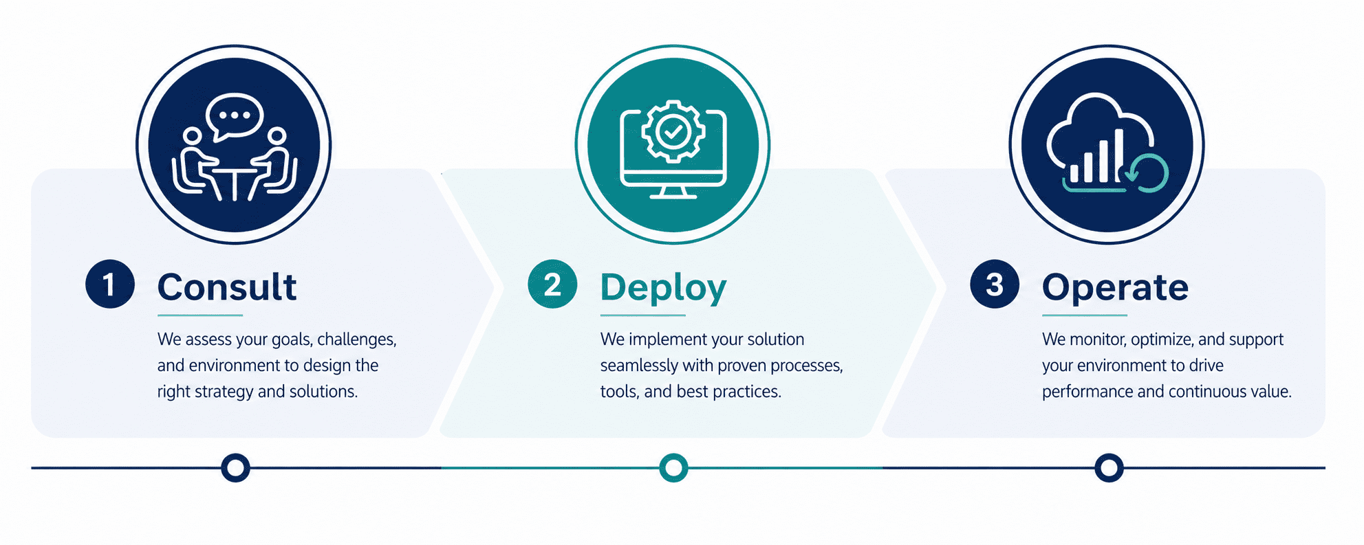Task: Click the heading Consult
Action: coord(227,287)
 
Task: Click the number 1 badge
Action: coord(110,284)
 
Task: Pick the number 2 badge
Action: coord(552,284)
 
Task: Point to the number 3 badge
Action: coord(995,284)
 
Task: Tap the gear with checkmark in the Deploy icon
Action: coord(673,131)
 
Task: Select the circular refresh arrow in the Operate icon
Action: coord(1148,173)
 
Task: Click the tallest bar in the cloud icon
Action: coord(1118,156)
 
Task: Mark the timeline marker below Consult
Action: coord(235,467)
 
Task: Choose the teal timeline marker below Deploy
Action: coord(673,467)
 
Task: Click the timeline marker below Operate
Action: coord(1109,467)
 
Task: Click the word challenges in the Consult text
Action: coord(357,340)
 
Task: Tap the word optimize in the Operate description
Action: coord(1162,340)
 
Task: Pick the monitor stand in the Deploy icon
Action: coord(673,192)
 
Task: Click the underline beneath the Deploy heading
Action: coord(643,315)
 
